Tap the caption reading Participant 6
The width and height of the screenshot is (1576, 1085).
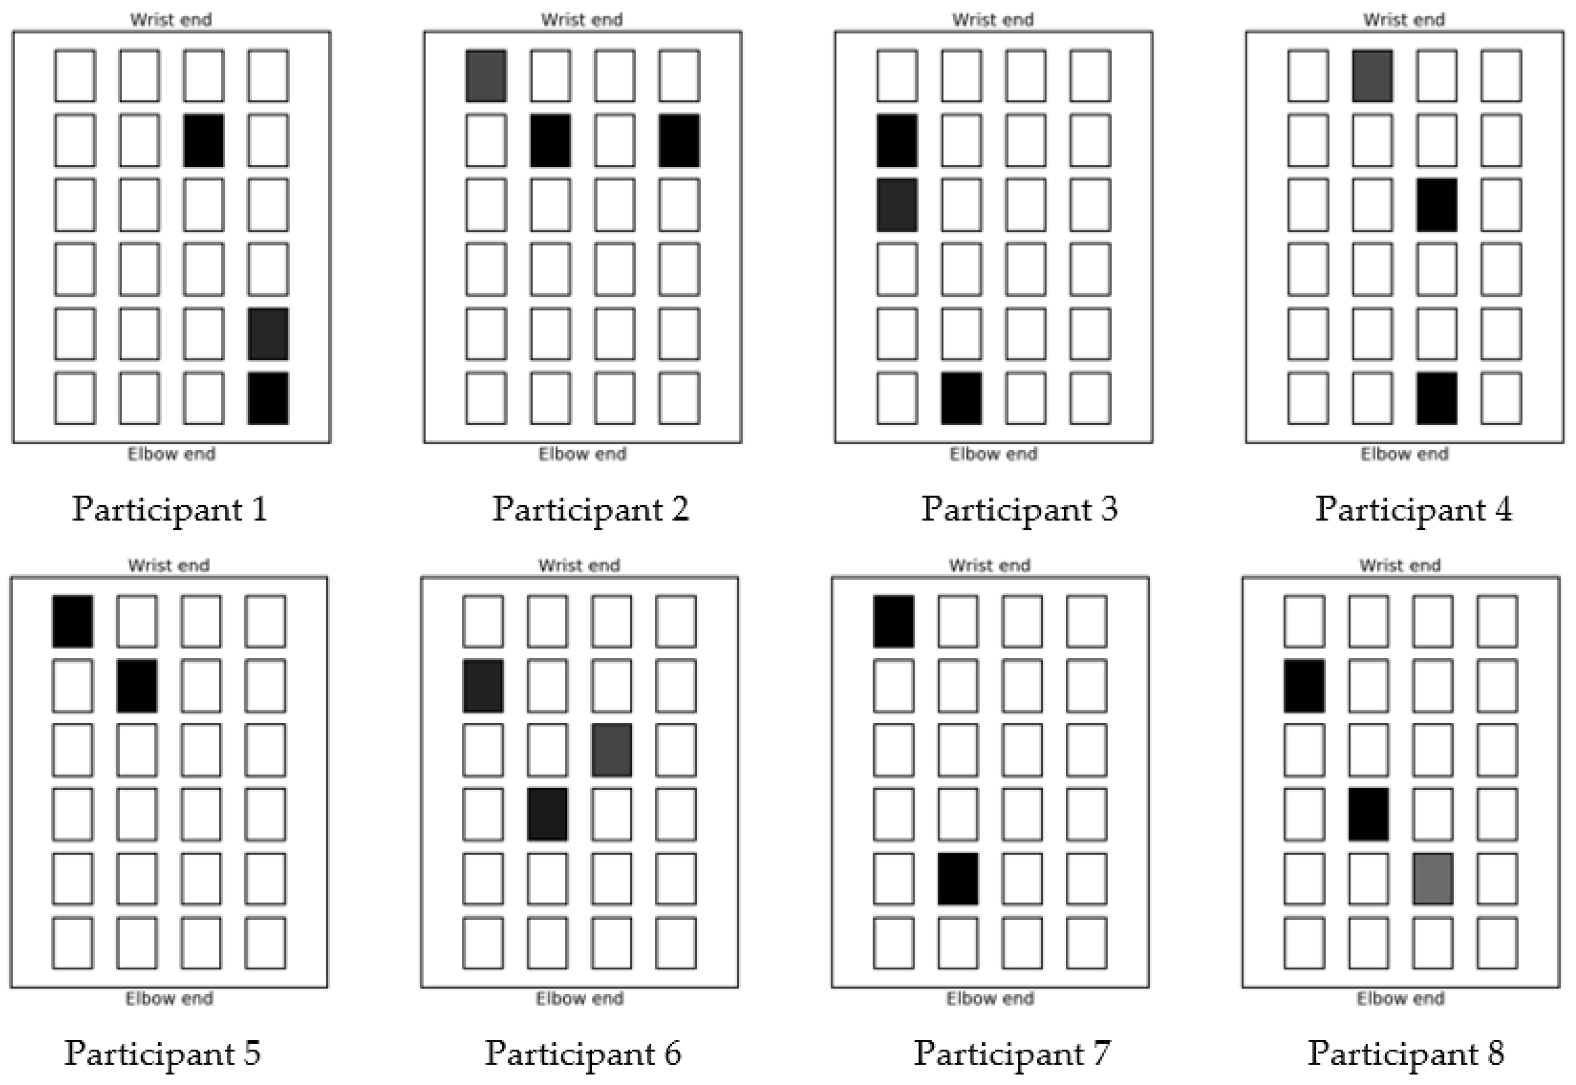coord(583,1053)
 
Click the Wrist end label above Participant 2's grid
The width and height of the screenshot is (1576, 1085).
coord(582,20)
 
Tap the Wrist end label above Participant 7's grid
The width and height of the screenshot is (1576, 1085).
coord(989,565)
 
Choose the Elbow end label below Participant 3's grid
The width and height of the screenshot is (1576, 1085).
coord(993,453)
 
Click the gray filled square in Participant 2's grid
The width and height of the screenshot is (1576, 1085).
coord(486,75)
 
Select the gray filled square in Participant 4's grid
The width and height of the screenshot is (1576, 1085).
coord(1372,75)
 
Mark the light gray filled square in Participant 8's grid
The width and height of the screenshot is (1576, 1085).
coord(1433,879)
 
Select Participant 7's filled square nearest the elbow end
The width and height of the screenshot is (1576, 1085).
coord(958,879)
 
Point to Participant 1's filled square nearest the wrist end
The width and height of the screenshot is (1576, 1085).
coord(203,140)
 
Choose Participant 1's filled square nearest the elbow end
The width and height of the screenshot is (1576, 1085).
coord(268,398)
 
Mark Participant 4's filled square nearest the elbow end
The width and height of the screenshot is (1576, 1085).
coord(1437,398)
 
